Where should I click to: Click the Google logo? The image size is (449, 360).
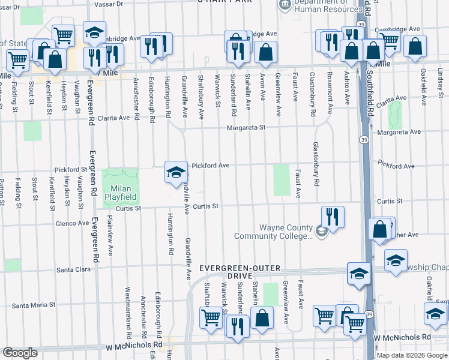(x=20, y=353)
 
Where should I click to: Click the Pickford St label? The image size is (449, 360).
(x=71, y=170)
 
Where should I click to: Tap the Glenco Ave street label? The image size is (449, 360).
(x=71, y=223)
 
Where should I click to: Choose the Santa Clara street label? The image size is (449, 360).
(x=73, y=270)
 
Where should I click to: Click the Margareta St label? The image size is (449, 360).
(x=245, y=128)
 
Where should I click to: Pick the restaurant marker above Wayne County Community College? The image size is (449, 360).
(x=332, y=216)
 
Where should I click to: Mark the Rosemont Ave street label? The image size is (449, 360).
(x=329, y=89)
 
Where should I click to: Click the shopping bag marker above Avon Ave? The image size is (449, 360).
(x=265, y=53)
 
